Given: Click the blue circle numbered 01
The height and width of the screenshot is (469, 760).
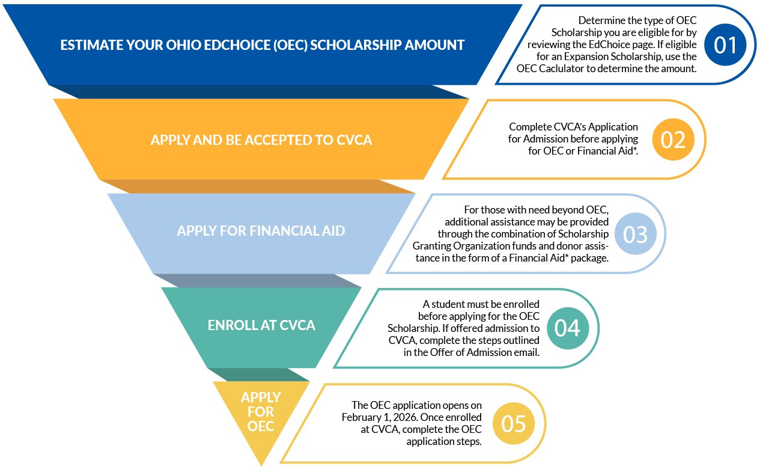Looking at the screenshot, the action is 725,44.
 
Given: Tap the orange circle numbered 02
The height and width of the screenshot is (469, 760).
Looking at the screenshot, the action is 673,139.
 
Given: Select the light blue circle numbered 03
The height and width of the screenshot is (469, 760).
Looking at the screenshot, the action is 636,234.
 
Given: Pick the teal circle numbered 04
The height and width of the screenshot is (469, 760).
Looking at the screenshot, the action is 568,328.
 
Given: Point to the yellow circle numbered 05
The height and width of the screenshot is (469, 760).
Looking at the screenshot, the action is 514,423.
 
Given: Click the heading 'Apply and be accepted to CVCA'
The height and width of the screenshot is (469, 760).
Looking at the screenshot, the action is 261,140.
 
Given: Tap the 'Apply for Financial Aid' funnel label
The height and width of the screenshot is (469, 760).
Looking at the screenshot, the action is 261,231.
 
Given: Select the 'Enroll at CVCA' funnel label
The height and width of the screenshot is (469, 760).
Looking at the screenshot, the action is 261,325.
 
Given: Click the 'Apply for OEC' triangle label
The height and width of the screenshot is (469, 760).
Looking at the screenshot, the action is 261,412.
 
